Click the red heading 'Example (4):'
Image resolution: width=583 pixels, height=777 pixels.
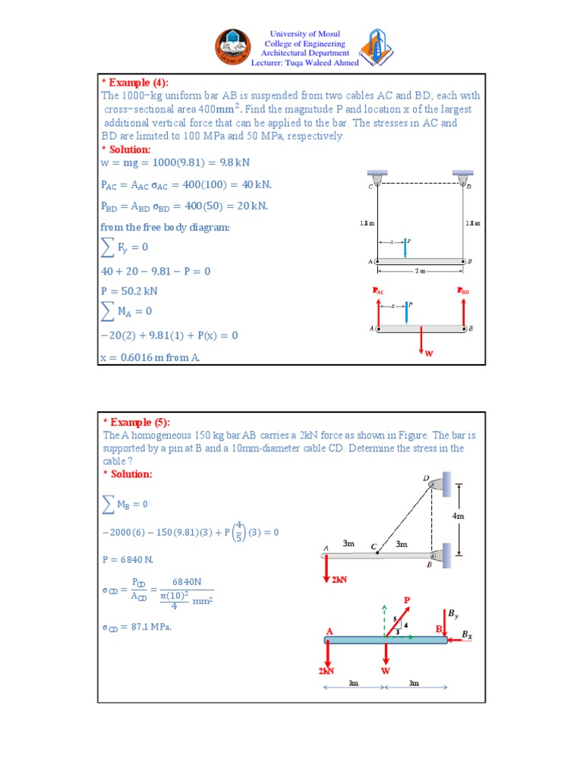(136, 82)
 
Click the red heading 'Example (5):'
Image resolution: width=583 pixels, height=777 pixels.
(136, 423)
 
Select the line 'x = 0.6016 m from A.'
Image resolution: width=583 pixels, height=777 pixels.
(150, 357)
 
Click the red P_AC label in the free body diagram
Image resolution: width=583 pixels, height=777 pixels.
(378, 291)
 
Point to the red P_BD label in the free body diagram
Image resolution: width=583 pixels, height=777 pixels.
(463, 291)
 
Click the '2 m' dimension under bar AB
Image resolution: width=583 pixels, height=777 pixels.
(419, 270)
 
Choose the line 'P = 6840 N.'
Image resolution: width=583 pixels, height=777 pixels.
(128, 559)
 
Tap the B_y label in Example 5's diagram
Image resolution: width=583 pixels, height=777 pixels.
(452, 613)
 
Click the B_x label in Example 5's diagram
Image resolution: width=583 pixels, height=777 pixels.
(467, 634)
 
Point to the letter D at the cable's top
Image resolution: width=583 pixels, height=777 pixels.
(425, 478)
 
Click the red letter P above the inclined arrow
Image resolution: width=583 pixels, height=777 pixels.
(406, 600)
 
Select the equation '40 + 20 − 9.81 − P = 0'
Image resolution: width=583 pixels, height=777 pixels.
(156, 271)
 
